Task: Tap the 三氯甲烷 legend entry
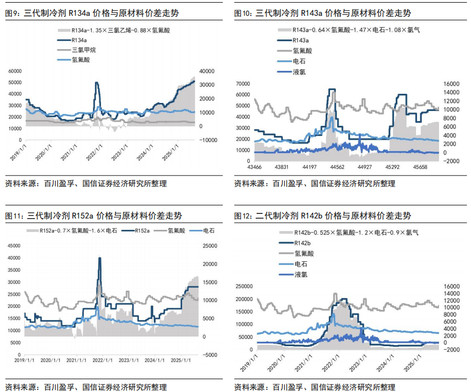[83, 50]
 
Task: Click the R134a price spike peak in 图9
[97, 83]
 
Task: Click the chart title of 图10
[326, 12]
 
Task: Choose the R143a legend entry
[301, 41]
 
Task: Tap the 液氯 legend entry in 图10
[300, 71]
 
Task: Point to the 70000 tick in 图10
[243, 84]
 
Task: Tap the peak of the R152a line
[99, 258]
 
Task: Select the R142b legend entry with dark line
[302, 243]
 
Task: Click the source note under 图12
[315, 386]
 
